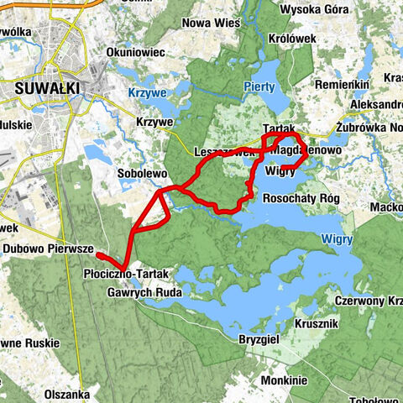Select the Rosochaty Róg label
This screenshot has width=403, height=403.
pos(300,199)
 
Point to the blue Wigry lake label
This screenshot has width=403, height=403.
pos(339,239)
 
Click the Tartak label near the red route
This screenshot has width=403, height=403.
pos(277,127)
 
